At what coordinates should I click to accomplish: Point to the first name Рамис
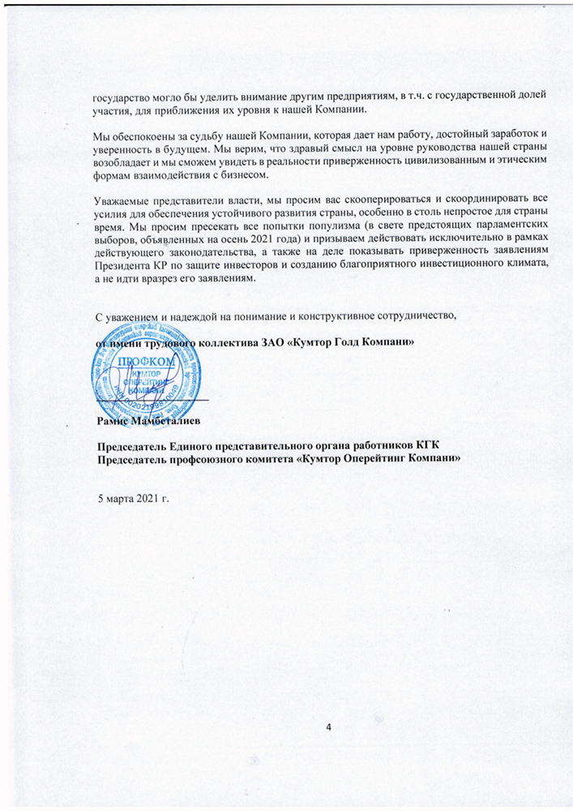tap(112, 421)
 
